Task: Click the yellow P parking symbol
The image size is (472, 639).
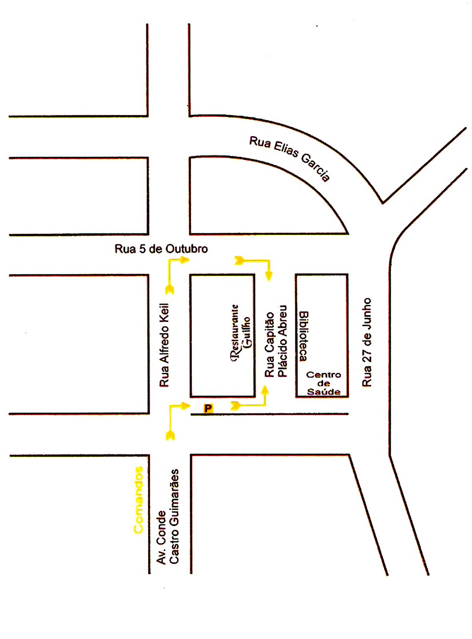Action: coord(208,408)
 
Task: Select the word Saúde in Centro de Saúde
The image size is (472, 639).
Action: coord(324,392)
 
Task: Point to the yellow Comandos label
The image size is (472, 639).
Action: coord(139,500)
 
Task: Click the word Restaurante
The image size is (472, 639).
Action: coord(236,333)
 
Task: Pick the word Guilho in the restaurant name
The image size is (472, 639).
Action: coord(248,333)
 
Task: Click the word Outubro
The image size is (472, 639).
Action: coord(187,249)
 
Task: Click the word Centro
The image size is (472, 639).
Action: coord(323,375)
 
